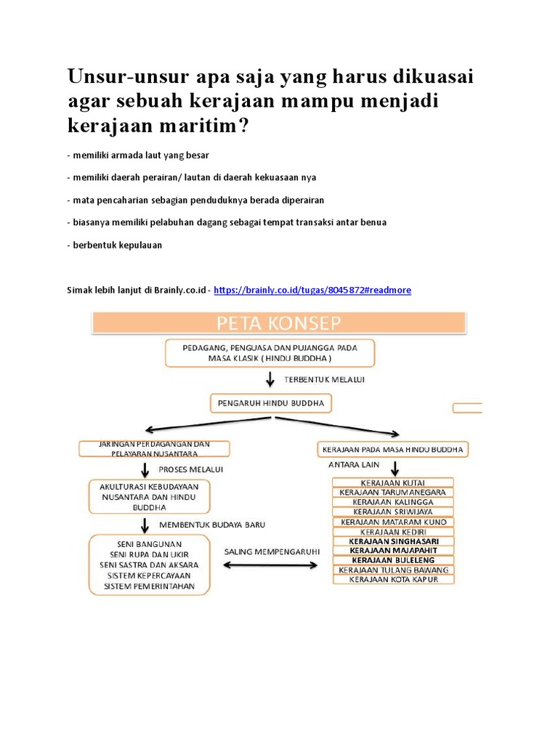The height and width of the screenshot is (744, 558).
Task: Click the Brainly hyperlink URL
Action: (x=312, y=290)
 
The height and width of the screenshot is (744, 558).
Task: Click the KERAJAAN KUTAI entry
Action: (x=392, y=482)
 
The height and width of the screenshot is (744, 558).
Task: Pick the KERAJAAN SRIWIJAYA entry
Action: (x=392, y=511)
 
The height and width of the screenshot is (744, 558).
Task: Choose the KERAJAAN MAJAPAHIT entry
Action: (x=392, y=551)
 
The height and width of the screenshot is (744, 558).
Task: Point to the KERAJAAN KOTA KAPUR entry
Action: (x=392, y=580)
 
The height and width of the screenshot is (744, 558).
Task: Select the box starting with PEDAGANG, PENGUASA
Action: (x=270, y=354)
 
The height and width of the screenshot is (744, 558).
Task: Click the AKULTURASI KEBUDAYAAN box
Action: (x=149, y=496)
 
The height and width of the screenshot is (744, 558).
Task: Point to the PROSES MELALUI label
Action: (x=191, y=469)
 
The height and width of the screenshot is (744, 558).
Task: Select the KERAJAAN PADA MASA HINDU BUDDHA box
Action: (x=392, y=450)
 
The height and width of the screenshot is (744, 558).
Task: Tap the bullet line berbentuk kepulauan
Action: (x=114, y=245)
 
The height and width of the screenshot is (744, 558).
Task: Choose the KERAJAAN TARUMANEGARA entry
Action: (x=392, y=492)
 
